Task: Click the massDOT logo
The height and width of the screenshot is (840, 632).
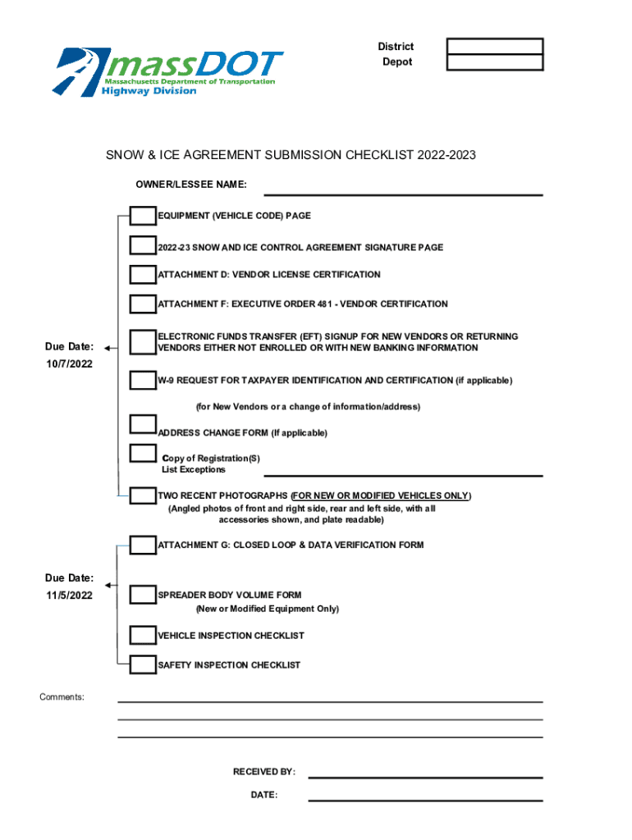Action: point(168,71)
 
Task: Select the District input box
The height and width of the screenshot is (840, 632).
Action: point(494,47)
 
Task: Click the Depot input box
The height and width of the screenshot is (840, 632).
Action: point(494,62)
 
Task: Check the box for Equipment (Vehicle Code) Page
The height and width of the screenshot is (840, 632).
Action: point(143,216)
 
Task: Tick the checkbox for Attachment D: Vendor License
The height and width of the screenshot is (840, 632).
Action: point(143,274)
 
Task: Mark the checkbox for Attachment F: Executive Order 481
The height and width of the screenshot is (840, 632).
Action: point(143,304)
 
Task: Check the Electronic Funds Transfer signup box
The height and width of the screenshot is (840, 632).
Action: point(143,341)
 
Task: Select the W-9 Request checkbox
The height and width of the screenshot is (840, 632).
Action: point(143,380)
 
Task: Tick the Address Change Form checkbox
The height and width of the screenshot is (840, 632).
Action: point(143,423)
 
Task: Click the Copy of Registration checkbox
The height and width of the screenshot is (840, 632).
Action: point(143,453)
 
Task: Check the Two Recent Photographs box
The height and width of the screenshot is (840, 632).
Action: point(143,495)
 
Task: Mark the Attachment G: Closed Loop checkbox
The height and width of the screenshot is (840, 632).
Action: point(143,545)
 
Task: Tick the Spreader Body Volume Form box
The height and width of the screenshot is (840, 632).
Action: point(143,595)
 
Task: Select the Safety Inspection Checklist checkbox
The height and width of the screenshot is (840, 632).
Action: point(143,664)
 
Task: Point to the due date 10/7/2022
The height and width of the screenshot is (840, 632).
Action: point(69,363)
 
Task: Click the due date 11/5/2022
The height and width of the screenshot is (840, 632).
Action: point(69,596)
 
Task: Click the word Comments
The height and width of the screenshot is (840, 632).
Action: point(62,697)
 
